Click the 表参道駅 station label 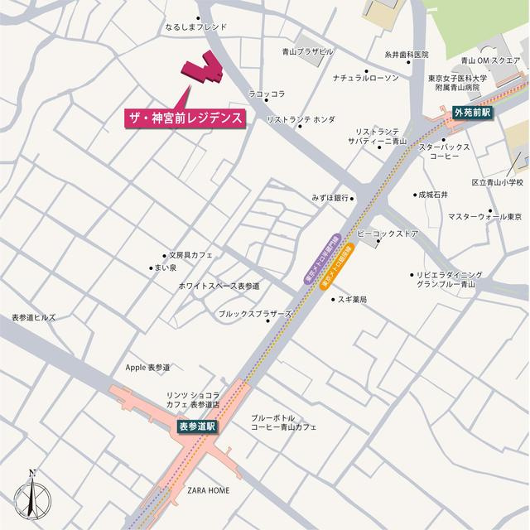coord(196,426)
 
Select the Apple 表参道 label coord(147,367)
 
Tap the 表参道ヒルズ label coord(34,318)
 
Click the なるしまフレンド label coord(195,27)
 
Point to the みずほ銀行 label coord(328,199)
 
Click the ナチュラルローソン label coord(365,78)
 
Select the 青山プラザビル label coord(307,51)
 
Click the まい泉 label coord(165,267)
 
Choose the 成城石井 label coord(433,195)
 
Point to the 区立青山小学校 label coord(498,182)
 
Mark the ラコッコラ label coord(267,94)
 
